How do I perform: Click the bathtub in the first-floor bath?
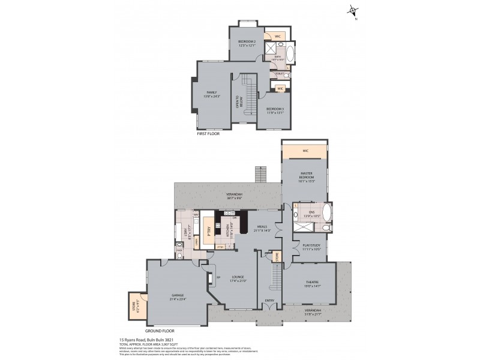coord(290,54)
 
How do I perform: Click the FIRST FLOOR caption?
coord(208,134)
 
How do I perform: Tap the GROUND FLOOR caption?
coord(160,331)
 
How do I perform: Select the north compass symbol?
coord(353,11)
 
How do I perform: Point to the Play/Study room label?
coord(311,247)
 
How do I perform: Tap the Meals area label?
coord(262,229)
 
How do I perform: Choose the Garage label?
coord(178,296)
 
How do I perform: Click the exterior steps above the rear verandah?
coord(260,175)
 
